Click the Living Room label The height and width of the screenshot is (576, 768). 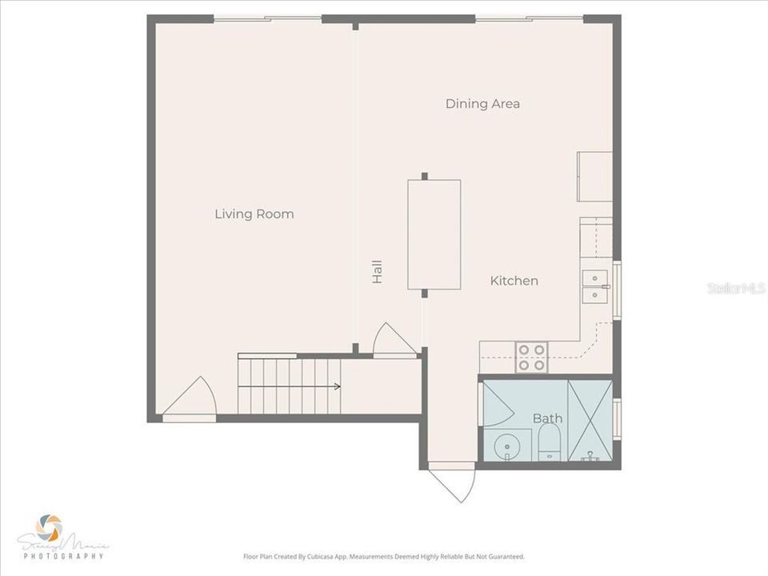tap(254, 214)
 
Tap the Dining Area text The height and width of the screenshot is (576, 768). tap(482, 104)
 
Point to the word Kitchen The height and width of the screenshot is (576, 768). tap(514, 281)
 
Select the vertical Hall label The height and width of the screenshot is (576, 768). tap(377, 272)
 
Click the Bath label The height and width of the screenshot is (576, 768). tap(547, 418)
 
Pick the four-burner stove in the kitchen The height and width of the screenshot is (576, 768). tap(530, 357)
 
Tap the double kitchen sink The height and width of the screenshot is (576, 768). tap(594, 287)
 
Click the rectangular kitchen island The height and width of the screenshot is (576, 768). tap(434, 234)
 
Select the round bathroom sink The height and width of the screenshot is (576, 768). tap(506, 445)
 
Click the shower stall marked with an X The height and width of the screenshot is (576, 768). tap(590, 420)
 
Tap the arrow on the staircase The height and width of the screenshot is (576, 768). tap(336, 386)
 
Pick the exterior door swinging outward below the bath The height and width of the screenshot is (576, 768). tap(453, 482)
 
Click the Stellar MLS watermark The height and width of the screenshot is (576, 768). tap(736, 287)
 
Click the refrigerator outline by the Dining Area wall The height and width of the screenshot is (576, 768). tap(594, 176)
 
